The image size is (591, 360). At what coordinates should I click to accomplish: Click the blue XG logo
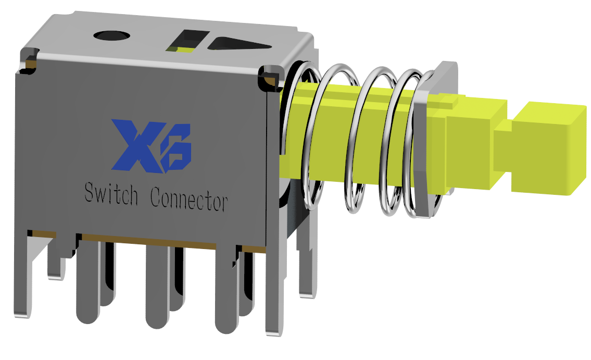(151, 146)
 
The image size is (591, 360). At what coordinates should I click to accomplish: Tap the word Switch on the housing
(111, 195)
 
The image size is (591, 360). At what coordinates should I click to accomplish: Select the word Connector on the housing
(188, 200)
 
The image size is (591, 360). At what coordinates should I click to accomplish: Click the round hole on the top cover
(111, 35)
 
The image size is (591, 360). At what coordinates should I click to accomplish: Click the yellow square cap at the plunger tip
(550, 148)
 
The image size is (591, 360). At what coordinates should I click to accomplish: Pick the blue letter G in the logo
(176, 149)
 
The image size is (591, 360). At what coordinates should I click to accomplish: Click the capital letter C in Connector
(155, 197)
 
